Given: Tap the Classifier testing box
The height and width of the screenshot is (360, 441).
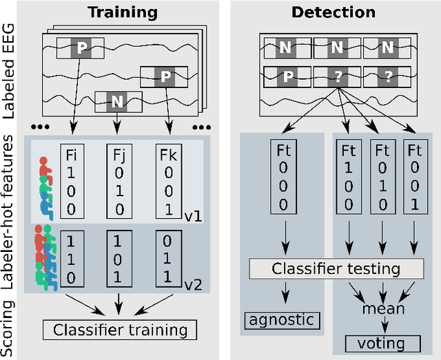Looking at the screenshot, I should tap(336, 269).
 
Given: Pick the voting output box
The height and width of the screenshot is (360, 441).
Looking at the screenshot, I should tap(376, 343).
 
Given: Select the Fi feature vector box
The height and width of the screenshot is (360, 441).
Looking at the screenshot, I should tap(71, 180).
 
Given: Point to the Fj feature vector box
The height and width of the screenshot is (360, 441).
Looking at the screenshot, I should tap(118, 180).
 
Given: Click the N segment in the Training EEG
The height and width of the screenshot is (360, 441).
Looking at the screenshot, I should tap(117, 102).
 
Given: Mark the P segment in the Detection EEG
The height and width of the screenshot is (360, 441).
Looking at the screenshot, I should tap(285, 75).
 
